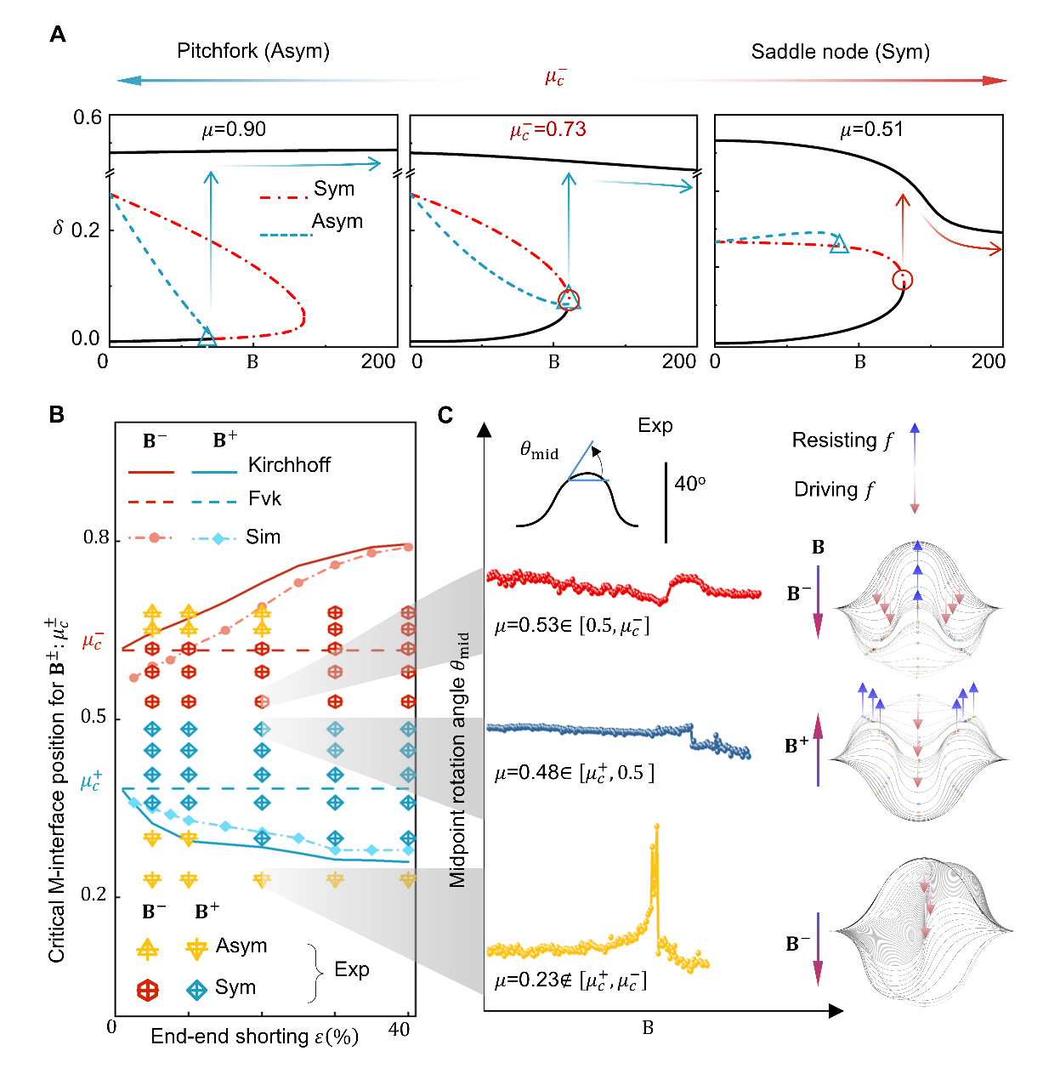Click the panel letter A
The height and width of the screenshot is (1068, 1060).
58,34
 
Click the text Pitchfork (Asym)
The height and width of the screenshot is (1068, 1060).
252,51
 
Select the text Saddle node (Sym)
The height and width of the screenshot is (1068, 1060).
840,52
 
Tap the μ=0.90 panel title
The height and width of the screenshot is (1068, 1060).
234,129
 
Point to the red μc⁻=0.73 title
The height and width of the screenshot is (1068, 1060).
547,130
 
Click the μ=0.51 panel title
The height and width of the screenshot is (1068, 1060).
871,129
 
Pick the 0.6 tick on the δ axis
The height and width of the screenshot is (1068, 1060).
87,117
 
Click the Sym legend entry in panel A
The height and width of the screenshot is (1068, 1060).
333,189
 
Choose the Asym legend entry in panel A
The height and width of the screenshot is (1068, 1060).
337,221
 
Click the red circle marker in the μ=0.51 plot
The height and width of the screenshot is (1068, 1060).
902,280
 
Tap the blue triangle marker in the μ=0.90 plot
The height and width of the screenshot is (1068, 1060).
207,338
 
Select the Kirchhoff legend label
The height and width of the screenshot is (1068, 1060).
289,465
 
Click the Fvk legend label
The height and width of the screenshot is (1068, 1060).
264,498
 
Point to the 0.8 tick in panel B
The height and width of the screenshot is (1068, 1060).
96,537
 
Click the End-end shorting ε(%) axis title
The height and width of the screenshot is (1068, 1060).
254,1037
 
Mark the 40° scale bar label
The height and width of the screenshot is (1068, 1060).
689,484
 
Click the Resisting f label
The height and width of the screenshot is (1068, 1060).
842,440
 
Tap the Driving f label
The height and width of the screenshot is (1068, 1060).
834,490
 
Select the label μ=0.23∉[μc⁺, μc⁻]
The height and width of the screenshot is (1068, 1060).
570,980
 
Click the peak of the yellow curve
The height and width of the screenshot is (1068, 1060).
656,826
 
